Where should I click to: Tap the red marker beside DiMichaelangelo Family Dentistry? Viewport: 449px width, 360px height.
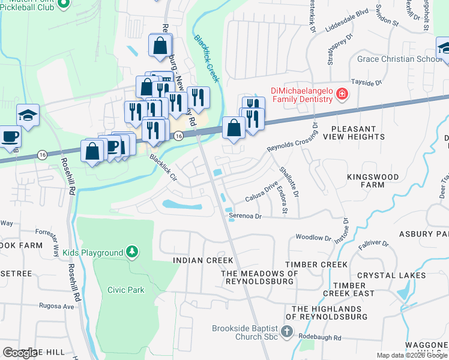341,94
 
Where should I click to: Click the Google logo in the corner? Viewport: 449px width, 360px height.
20,353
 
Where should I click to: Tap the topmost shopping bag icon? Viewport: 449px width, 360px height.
160,45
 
